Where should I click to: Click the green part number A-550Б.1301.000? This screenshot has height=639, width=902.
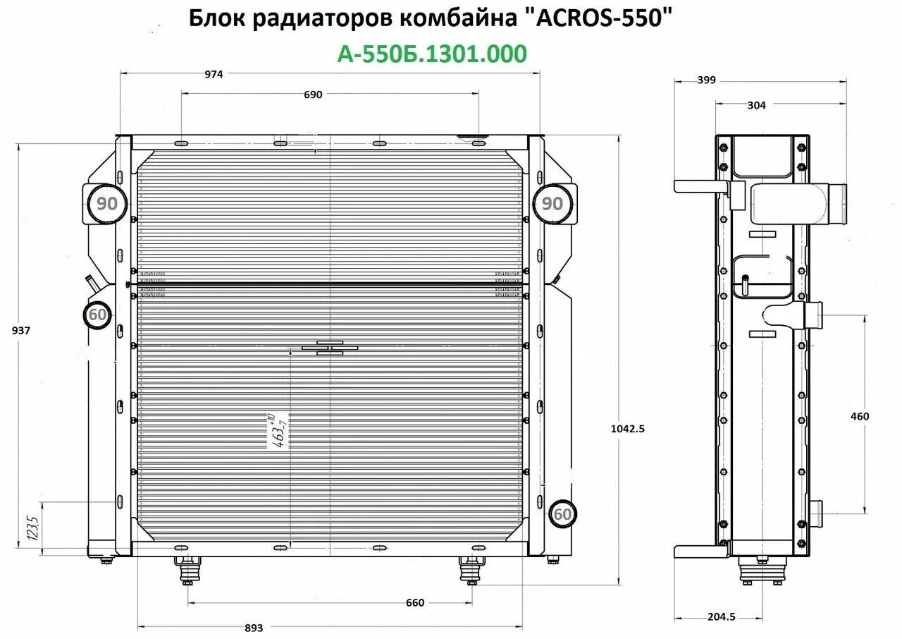[432, 54]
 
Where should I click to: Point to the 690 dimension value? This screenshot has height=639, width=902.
[313, 95]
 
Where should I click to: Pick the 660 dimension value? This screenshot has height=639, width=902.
[415, 602]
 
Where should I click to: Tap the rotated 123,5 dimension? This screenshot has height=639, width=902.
[32, 525]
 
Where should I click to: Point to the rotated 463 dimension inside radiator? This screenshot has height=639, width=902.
[278, 432]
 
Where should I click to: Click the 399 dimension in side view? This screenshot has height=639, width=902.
[706, 80]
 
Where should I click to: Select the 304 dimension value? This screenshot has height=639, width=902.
[755, 105]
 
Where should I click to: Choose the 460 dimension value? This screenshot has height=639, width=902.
[860, 416]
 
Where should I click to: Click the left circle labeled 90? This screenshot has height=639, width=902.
[107, 204]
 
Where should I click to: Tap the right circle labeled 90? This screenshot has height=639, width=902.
[553, 204]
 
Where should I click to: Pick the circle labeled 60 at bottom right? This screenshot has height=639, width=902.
[562, 514]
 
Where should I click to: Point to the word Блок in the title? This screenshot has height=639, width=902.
[216, 19]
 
